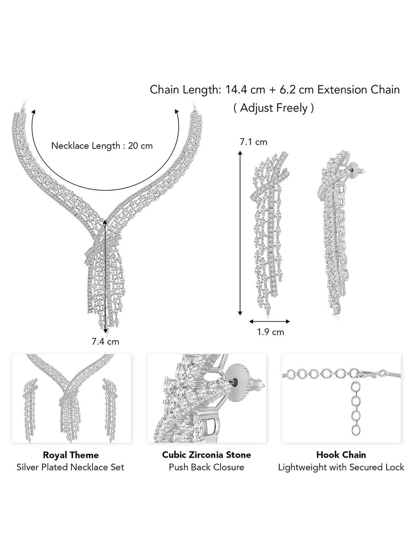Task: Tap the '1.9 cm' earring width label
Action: tap(270, 332)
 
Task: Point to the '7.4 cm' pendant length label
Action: tap(105, 341)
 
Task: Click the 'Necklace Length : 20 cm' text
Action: tap(102, 146)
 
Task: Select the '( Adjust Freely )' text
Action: tap(274, 108)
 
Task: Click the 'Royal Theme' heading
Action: tap(71, 455)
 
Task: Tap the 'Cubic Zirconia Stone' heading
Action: tap(206, 455)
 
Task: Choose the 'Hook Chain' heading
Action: tap(341, 455)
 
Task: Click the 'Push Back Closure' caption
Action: tap(206, 467)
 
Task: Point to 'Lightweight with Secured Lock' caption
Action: tap(341, 467)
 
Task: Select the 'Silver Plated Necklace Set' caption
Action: tap(71, 467)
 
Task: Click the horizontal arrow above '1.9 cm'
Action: tap(270, 321)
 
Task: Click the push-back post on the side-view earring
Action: tap(355, 170)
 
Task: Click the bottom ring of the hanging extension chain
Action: tap(355, 430)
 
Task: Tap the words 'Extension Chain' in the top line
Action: tap(358, 90)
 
